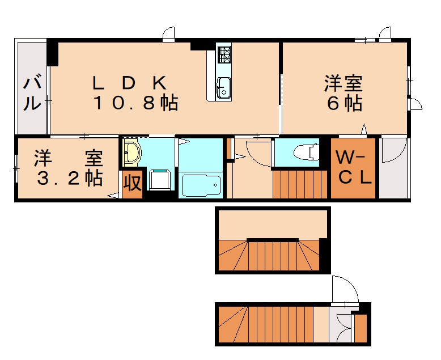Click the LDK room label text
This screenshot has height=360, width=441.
click(130, 83)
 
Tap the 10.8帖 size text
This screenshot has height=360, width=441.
click(136, 103)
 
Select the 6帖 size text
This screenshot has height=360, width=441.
click(344, 104)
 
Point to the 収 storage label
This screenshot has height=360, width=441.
click(132, 184)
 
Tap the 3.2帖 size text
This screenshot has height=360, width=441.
click(69, 177)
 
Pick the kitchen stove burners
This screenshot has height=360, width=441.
click(223, 54)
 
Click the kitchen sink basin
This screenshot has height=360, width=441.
click(223, 87)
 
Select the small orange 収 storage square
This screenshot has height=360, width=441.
click(132, 184)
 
